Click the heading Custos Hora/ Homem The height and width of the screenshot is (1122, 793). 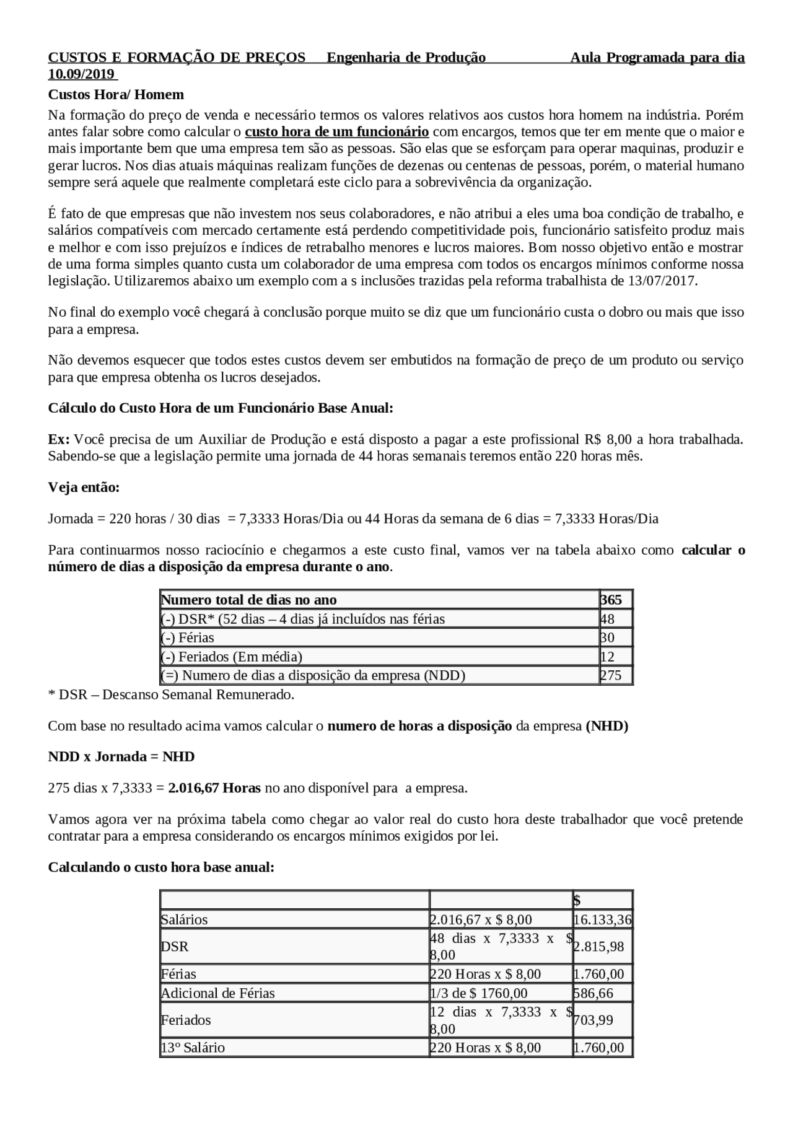coord(116,95)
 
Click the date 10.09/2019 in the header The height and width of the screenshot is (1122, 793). coord(82,74)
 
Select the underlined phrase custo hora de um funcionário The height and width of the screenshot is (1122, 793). coord(336,132)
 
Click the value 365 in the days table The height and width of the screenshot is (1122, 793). coord(611,600)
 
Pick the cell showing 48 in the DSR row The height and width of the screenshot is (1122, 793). coord(607,619)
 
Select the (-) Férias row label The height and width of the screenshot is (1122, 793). coord(188,638)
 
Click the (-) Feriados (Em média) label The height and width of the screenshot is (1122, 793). coord(232,657)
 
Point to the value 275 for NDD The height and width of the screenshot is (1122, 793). coord(611,675)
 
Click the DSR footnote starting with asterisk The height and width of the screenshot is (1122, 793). coord(171,695)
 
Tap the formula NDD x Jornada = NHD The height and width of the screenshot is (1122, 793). coord(121,756)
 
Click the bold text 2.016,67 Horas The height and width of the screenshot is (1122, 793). coord(214,788)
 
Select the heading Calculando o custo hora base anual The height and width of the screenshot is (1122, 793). coord(161,867)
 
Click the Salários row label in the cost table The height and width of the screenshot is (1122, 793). coord(185,920)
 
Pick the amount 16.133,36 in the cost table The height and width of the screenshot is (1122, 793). coord(602,920)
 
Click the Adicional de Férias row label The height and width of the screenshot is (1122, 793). coord(218,993)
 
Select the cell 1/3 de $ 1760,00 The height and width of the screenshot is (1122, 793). coord(479,993)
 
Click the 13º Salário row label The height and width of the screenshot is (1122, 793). coord(193,1048)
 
